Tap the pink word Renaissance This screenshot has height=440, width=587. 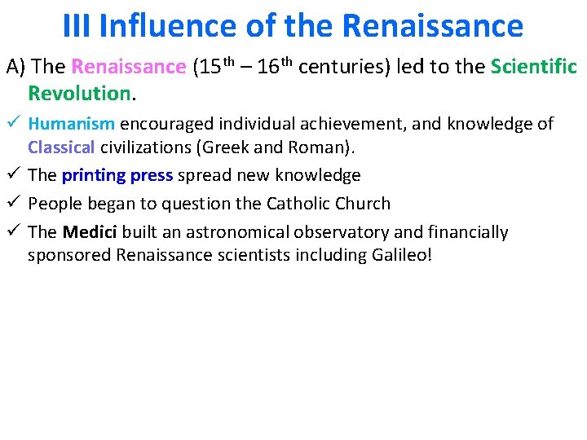(129, 67)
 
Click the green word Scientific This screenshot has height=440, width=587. (534, 67)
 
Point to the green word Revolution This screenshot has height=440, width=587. (78, 93)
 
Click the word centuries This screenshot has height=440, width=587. (342, 67)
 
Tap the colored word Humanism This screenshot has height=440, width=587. (72, 124)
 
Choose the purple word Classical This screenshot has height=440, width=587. (61, 148)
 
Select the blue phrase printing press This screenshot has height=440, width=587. (117, 175)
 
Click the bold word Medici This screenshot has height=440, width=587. (90, 232)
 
